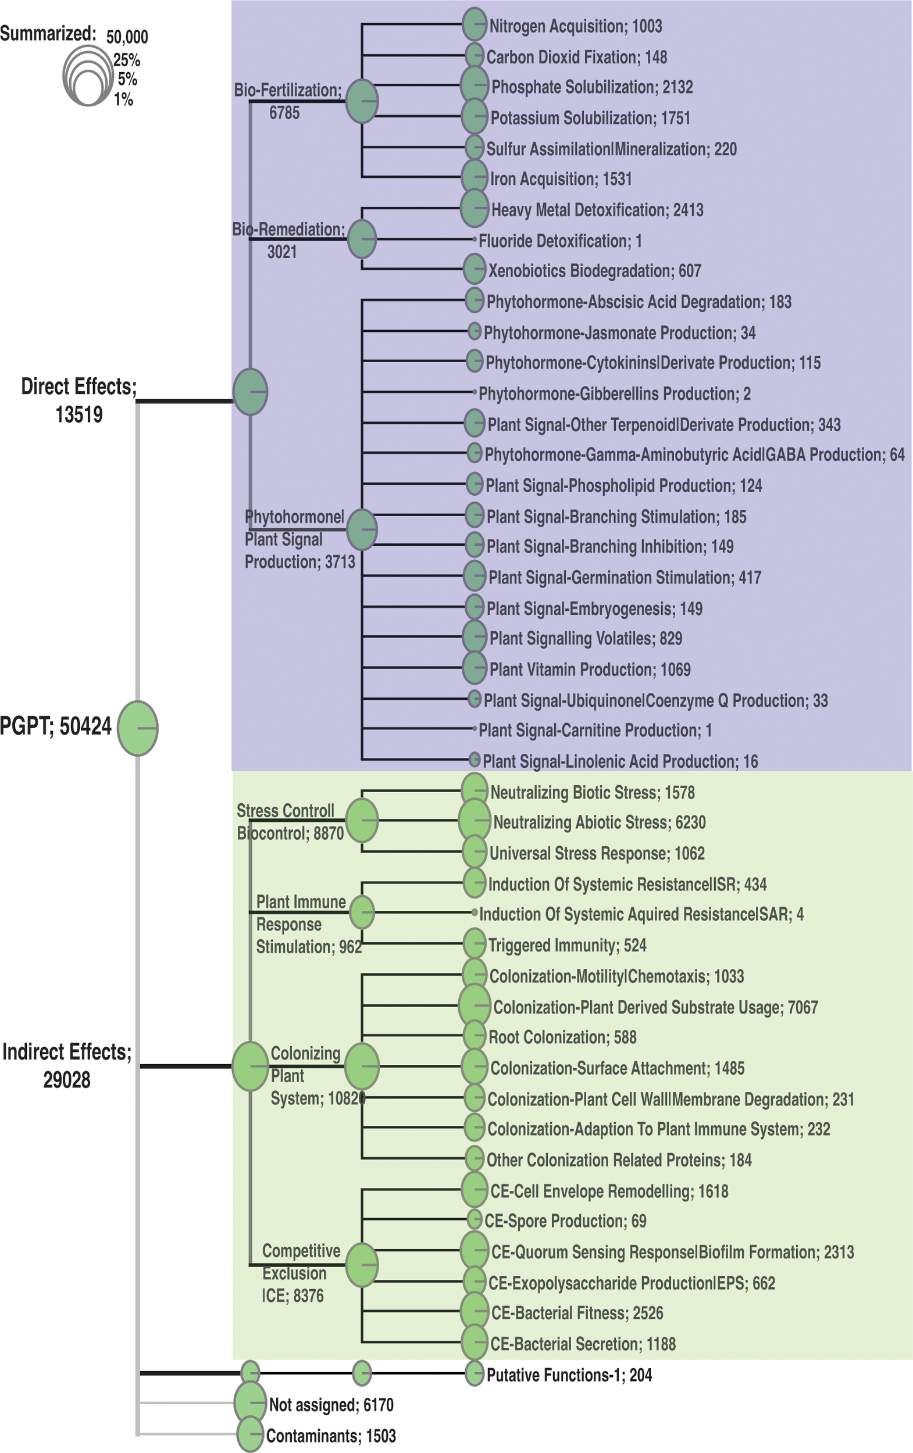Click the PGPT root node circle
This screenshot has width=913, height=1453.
tap(138, 728)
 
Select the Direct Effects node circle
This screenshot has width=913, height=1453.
tap(250, 392)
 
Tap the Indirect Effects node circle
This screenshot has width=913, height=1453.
tap(250, 1067)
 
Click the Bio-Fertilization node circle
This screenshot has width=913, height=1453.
tap(362, 101)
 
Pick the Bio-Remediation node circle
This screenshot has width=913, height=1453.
tap(362, 239)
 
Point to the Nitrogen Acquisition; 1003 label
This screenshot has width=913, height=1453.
tap(576, 27)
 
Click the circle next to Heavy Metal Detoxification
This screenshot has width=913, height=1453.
tap(475, 208)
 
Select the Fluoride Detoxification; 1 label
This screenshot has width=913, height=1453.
tap(560, 241)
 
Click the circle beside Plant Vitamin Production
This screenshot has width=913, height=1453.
tap(475, 667)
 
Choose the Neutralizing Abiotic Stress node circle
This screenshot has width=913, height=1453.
tap(474, 820)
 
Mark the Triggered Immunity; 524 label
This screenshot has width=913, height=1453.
tap(567, 945)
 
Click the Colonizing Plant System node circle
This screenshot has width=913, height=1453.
tap(362, 1067)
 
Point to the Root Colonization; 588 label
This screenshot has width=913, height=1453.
tap(562, 1037)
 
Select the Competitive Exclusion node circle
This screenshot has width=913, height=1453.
tap(362, 1264)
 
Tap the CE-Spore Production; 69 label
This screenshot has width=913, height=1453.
tap(565, 1221)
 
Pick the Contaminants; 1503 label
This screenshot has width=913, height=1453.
tap(331, 1436)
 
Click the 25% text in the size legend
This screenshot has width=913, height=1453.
tap(127, 60)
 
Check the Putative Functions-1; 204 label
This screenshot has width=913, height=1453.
tap(569, 1375)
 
